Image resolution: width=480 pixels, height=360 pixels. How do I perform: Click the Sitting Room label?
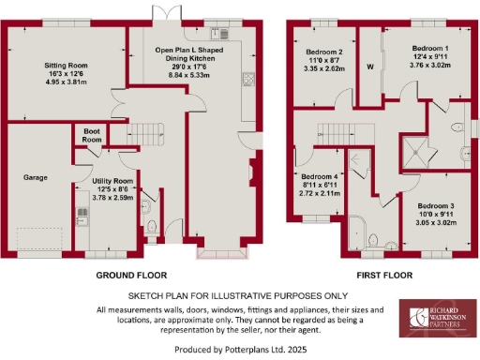click(x=66, y=65)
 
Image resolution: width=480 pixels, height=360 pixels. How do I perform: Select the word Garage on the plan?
click(x=36, y=176)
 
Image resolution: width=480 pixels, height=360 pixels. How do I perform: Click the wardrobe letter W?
click(x=370, y=67)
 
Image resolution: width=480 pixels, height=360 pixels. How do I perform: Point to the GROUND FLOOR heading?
click(x=131, y=276)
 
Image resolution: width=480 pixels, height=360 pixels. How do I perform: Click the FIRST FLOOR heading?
click(x=384, y=276)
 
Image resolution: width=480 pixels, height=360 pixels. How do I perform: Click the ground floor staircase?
click(x=145, y=131)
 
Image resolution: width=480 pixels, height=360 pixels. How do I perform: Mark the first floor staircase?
click(x=334, y=133)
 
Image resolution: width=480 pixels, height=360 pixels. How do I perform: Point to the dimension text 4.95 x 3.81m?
click(x=66, y=82)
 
